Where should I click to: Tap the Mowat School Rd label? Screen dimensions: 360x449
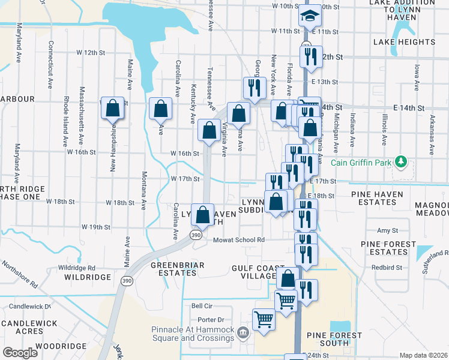click(x=239, y=240)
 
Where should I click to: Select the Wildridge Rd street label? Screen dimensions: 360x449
click(x=76, y=268)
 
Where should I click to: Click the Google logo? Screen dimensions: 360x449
click(x=20, y=353)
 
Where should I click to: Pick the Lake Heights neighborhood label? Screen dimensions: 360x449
click(x=404, y=42)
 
